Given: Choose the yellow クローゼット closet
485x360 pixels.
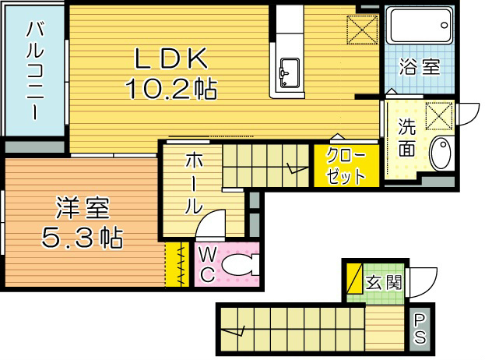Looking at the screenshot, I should coord(346,165).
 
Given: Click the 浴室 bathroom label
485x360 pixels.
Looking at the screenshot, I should coord(420,66).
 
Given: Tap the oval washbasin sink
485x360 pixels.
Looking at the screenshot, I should coord(441,154).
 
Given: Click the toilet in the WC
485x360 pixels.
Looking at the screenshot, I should coord(237,266).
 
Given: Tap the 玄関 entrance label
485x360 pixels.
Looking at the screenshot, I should coord(384,283).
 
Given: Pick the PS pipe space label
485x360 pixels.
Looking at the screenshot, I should coord(420,328).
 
